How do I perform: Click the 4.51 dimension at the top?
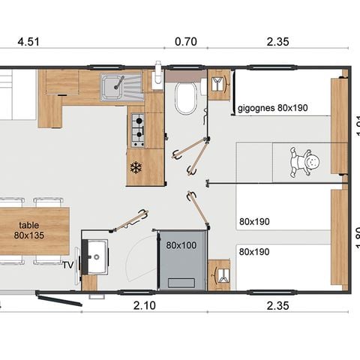click(28, 42)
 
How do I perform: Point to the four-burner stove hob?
click(138, 130)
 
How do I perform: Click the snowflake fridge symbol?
click(136, 166)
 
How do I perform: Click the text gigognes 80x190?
click(272, 107)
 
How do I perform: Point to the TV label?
click(67, 265)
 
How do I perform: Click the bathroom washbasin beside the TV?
click(94, 257)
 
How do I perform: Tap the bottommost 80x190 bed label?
click(255, 251)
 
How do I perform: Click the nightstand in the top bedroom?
click(219, 85)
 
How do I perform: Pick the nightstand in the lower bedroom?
click(219, 274)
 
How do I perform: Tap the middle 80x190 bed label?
click(255, 221)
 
